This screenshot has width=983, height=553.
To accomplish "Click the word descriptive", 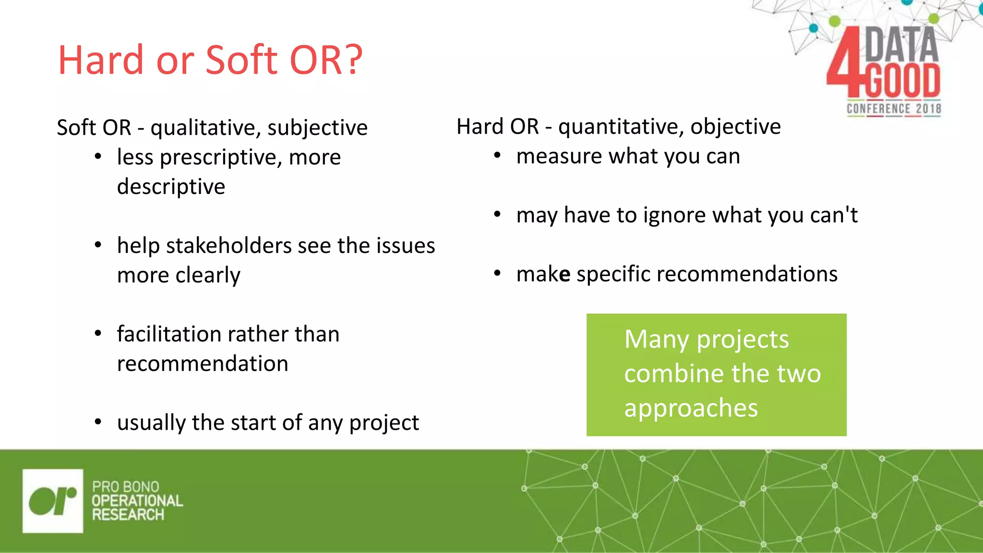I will click(x=171, y=187).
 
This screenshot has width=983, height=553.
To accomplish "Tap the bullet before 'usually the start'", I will click(x=98, y=422).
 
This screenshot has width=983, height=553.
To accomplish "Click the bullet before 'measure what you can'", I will click(x=497, y=156).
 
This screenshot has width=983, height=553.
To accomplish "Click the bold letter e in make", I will click(x=565, y=275).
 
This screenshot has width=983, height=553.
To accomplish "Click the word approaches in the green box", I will click(x=691, y=409).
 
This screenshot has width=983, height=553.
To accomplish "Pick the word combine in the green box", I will click(x=665, y=374).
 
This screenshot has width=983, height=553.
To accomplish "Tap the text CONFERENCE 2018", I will click(x=894, y=109).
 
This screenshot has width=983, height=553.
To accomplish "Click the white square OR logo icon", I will click(x=53, y=501).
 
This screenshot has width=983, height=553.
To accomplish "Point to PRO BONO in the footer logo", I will click(x=125, y=486).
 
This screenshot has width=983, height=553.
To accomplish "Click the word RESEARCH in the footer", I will click(x=128, y=515).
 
